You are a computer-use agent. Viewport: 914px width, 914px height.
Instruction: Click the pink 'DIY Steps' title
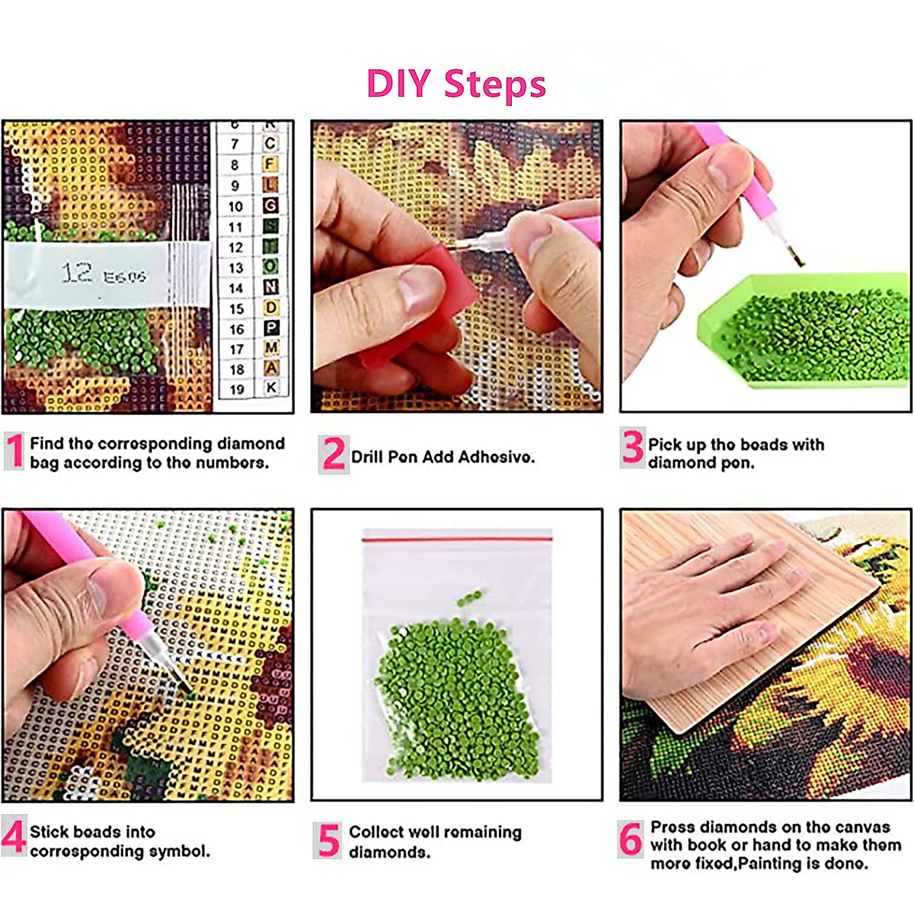[456, 84]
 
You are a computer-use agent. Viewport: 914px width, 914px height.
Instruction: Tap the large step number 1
[14, 451]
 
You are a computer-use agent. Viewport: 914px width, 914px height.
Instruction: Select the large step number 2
[333, 455]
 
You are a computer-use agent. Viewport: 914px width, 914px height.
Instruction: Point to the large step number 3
[632, 447]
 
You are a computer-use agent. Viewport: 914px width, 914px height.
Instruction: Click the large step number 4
[14, 836]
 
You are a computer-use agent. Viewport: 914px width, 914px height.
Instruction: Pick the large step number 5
[328, 840]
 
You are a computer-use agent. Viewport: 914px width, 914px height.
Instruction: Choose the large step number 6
[631, 840]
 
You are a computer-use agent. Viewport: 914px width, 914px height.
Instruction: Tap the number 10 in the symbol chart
[235, 206]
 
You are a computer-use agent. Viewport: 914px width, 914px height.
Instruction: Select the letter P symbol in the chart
[271, 328]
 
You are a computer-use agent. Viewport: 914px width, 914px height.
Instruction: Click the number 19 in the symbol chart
[237, 389]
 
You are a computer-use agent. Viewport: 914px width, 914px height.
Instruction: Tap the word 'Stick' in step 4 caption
[50, 832]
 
